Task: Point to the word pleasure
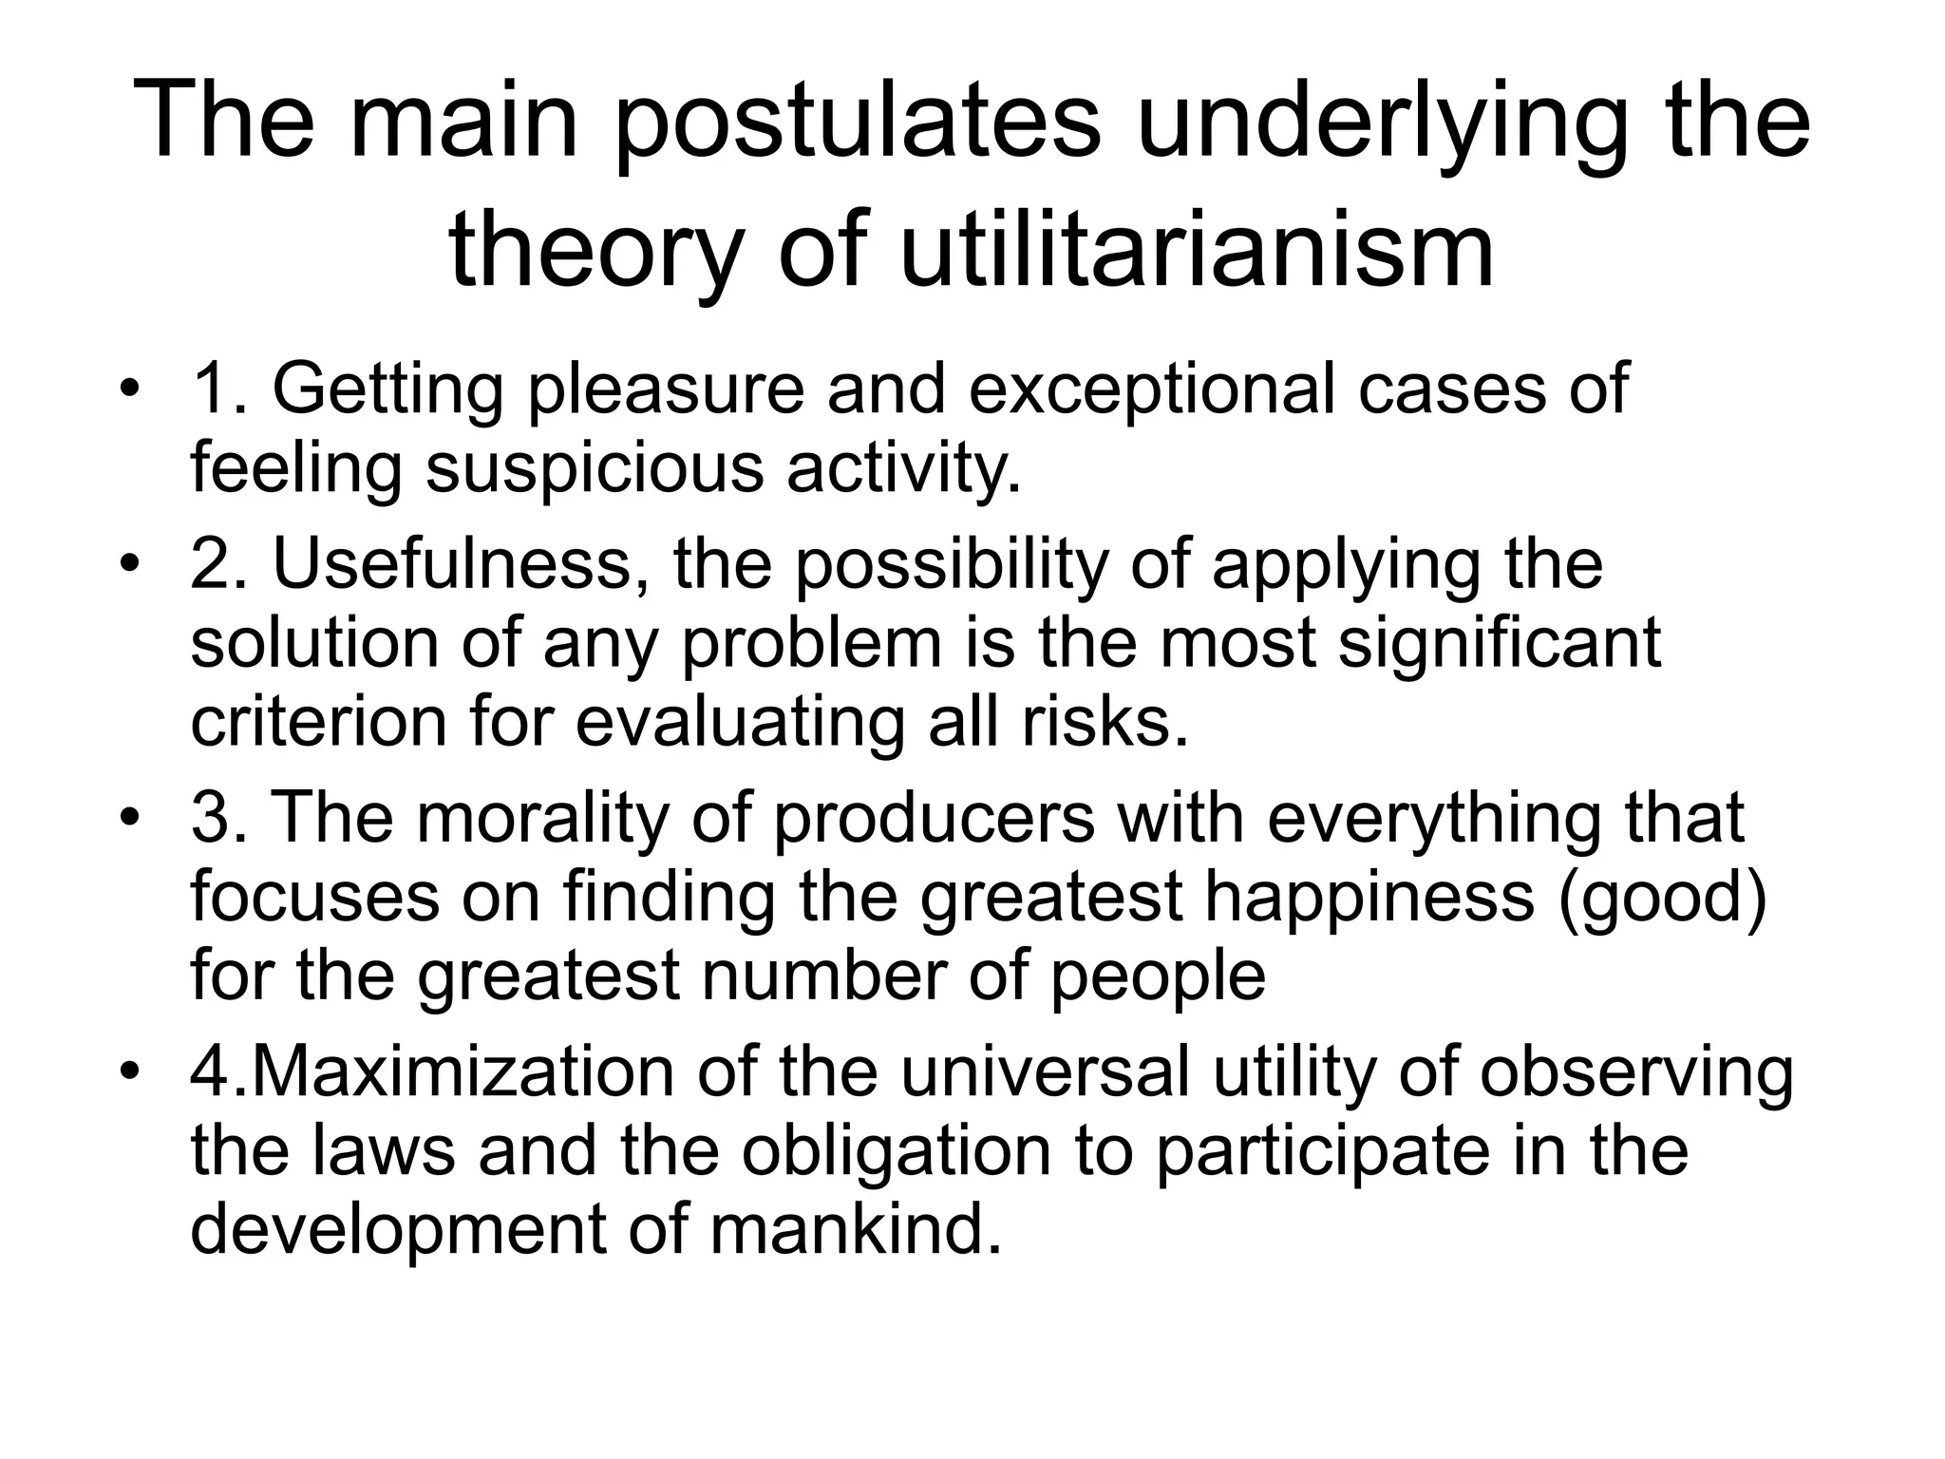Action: (x=666, y=389)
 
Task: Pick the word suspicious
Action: (x=595, y=467)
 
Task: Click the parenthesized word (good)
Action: (x=1662, y=897)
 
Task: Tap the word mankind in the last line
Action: (x=854, y=1229)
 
